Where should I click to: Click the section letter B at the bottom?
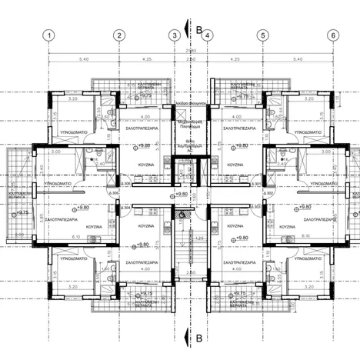coord(199,337)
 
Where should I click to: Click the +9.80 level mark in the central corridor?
coord(182,195)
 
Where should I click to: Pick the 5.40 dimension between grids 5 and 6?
coord(298,58)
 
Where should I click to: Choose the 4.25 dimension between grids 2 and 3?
coord(147,58)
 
